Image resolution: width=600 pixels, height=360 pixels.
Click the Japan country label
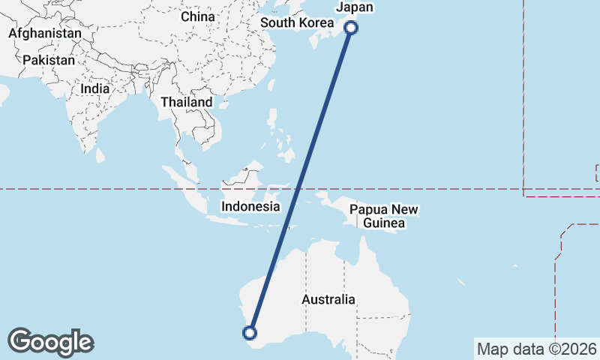pyautogui.click(x=355, y=7)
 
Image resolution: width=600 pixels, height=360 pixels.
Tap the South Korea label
pyautogui.click(x=297, y=22)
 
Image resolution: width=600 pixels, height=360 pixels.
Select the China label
pyautogui.click(x=198, y=16)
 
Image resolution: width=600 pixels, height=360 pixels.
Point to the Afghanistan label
pyautogui.click(x=45, y=34)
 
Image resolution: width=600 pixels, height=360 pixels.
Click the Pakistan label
pyautogui.click(x=49, y=60)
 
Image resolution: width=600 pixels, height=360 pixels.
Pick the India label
pyautogui.click(x=95, y=88)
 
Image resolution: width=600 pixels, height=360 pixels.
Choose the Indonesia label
pyautogui.click(x=250, y=206)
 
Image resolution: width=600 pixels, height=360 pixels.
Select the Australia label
pyautogui.click(x=328, y=299)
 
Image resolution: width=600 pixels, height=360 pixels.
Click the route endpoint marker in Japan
pyautogui.click(x=351, y=28)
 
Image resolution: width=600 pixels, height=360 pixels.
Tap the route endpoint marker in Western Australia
pyautogui.click(x=250, y=333)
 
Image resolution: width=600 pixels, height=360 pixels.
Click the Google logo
pyautogui.click(x=50, y=342)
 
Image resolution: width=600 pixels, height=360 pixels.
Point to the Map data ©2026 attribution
pyautogui.click(x=537, y=349)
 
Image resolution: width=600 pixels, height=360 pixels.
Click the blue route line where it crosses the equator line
pyautogui.click(x=299, y=189)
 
